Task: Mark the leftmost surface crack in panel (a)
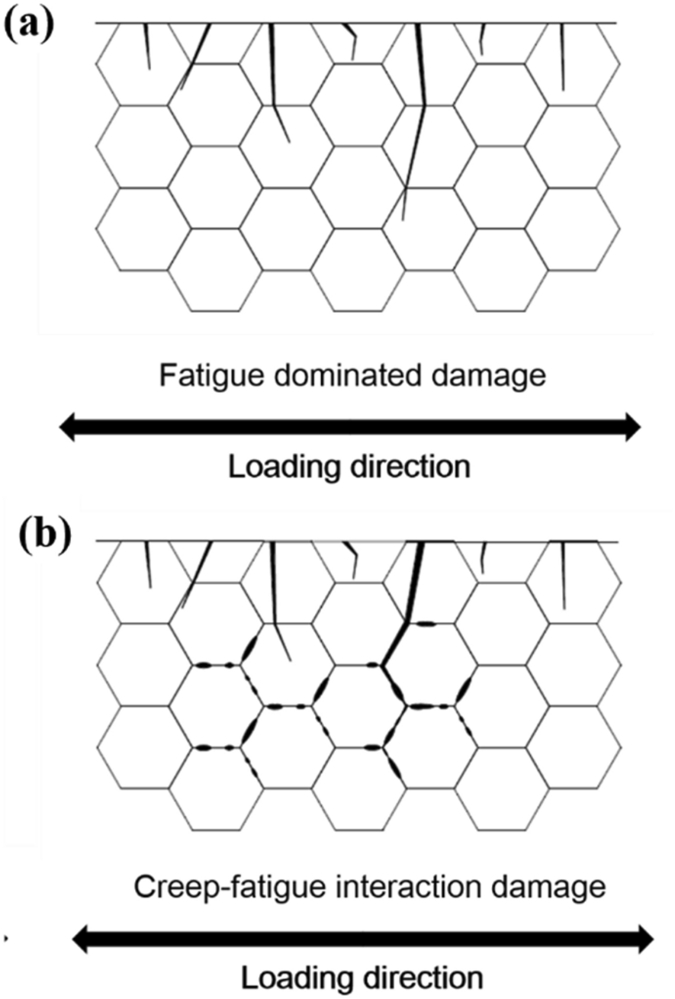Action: coord(147,46)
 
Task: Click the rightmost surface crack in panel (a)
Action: coord(562,57)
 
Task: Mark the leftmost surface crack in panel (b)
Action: coord(147,564)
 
